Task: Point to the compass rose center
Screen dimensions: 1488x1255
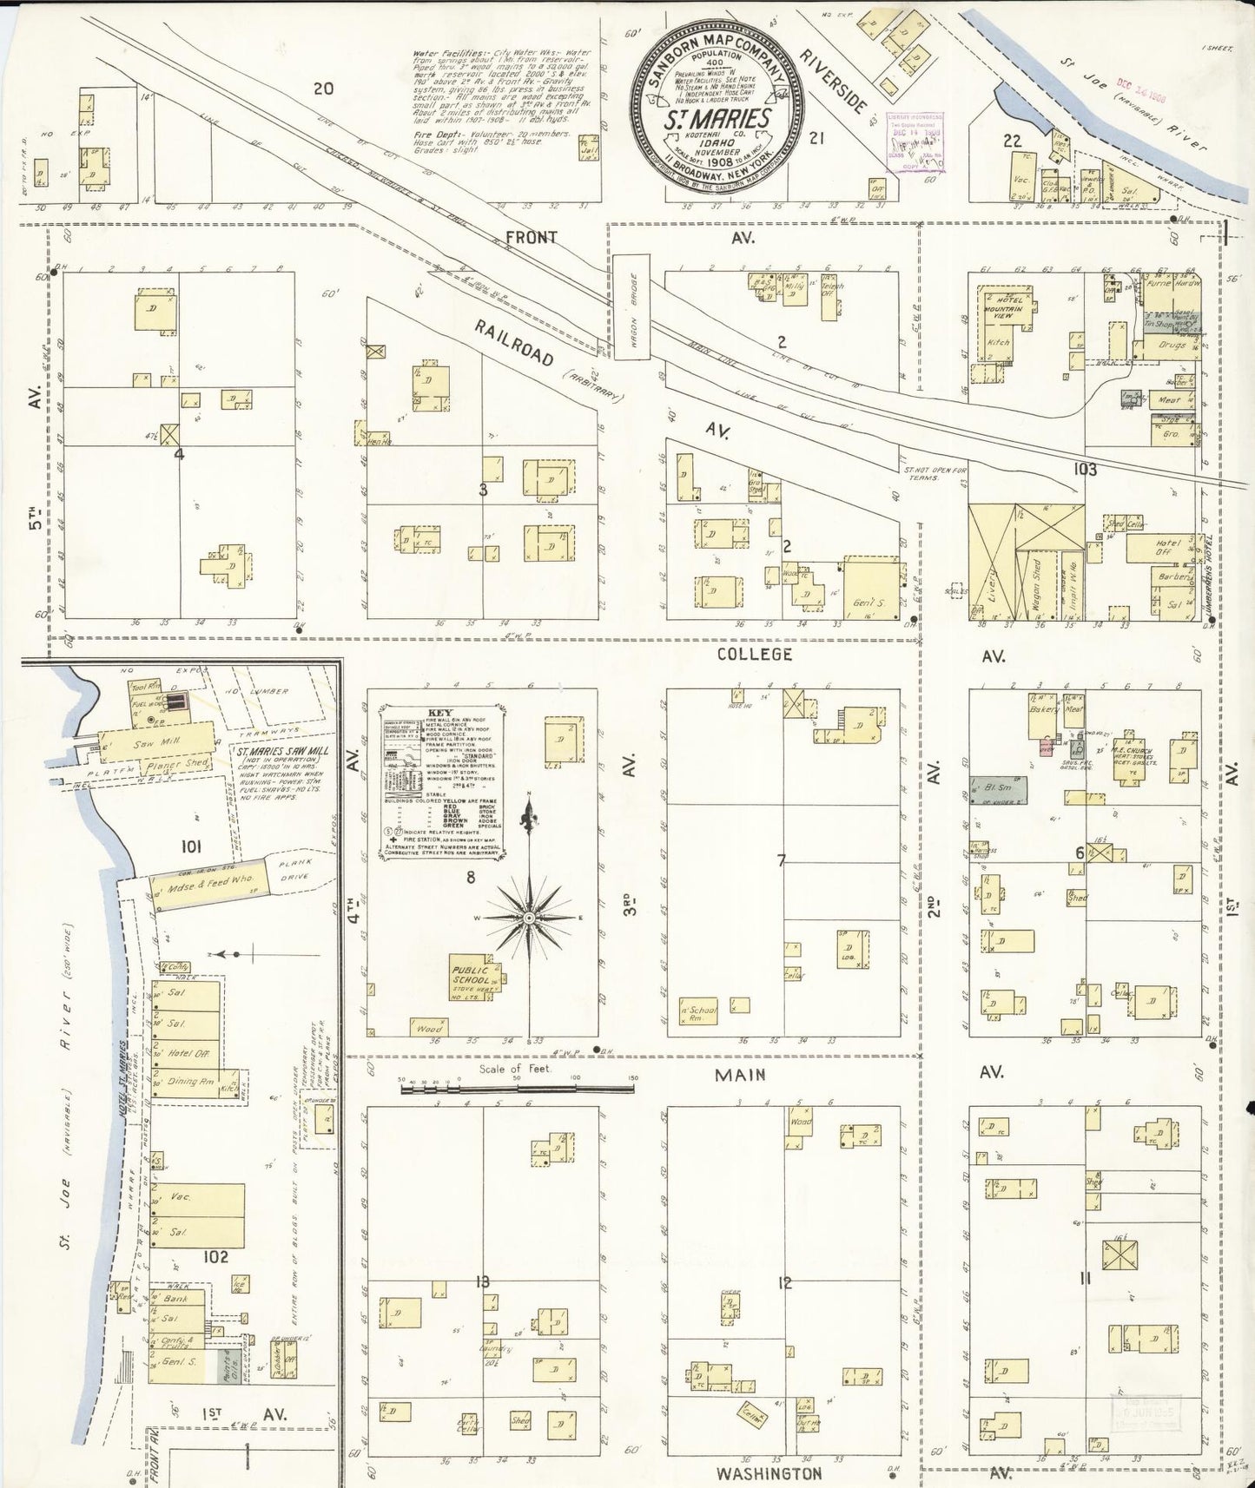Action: click(528, 918)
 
